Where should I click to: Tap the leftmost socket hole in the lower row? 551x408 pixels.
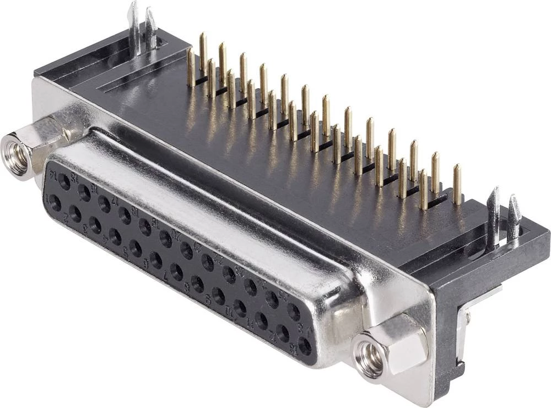point(55,203)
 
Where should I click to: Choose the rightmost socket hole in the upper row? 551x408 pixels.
point(294,312)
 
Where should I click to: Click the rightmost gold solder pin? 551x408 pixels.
point(457,185)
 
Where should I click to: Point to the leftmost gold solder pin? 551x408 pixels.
point(191,67)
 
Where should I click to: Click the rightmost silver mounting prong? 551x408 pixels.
point(514,218)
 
